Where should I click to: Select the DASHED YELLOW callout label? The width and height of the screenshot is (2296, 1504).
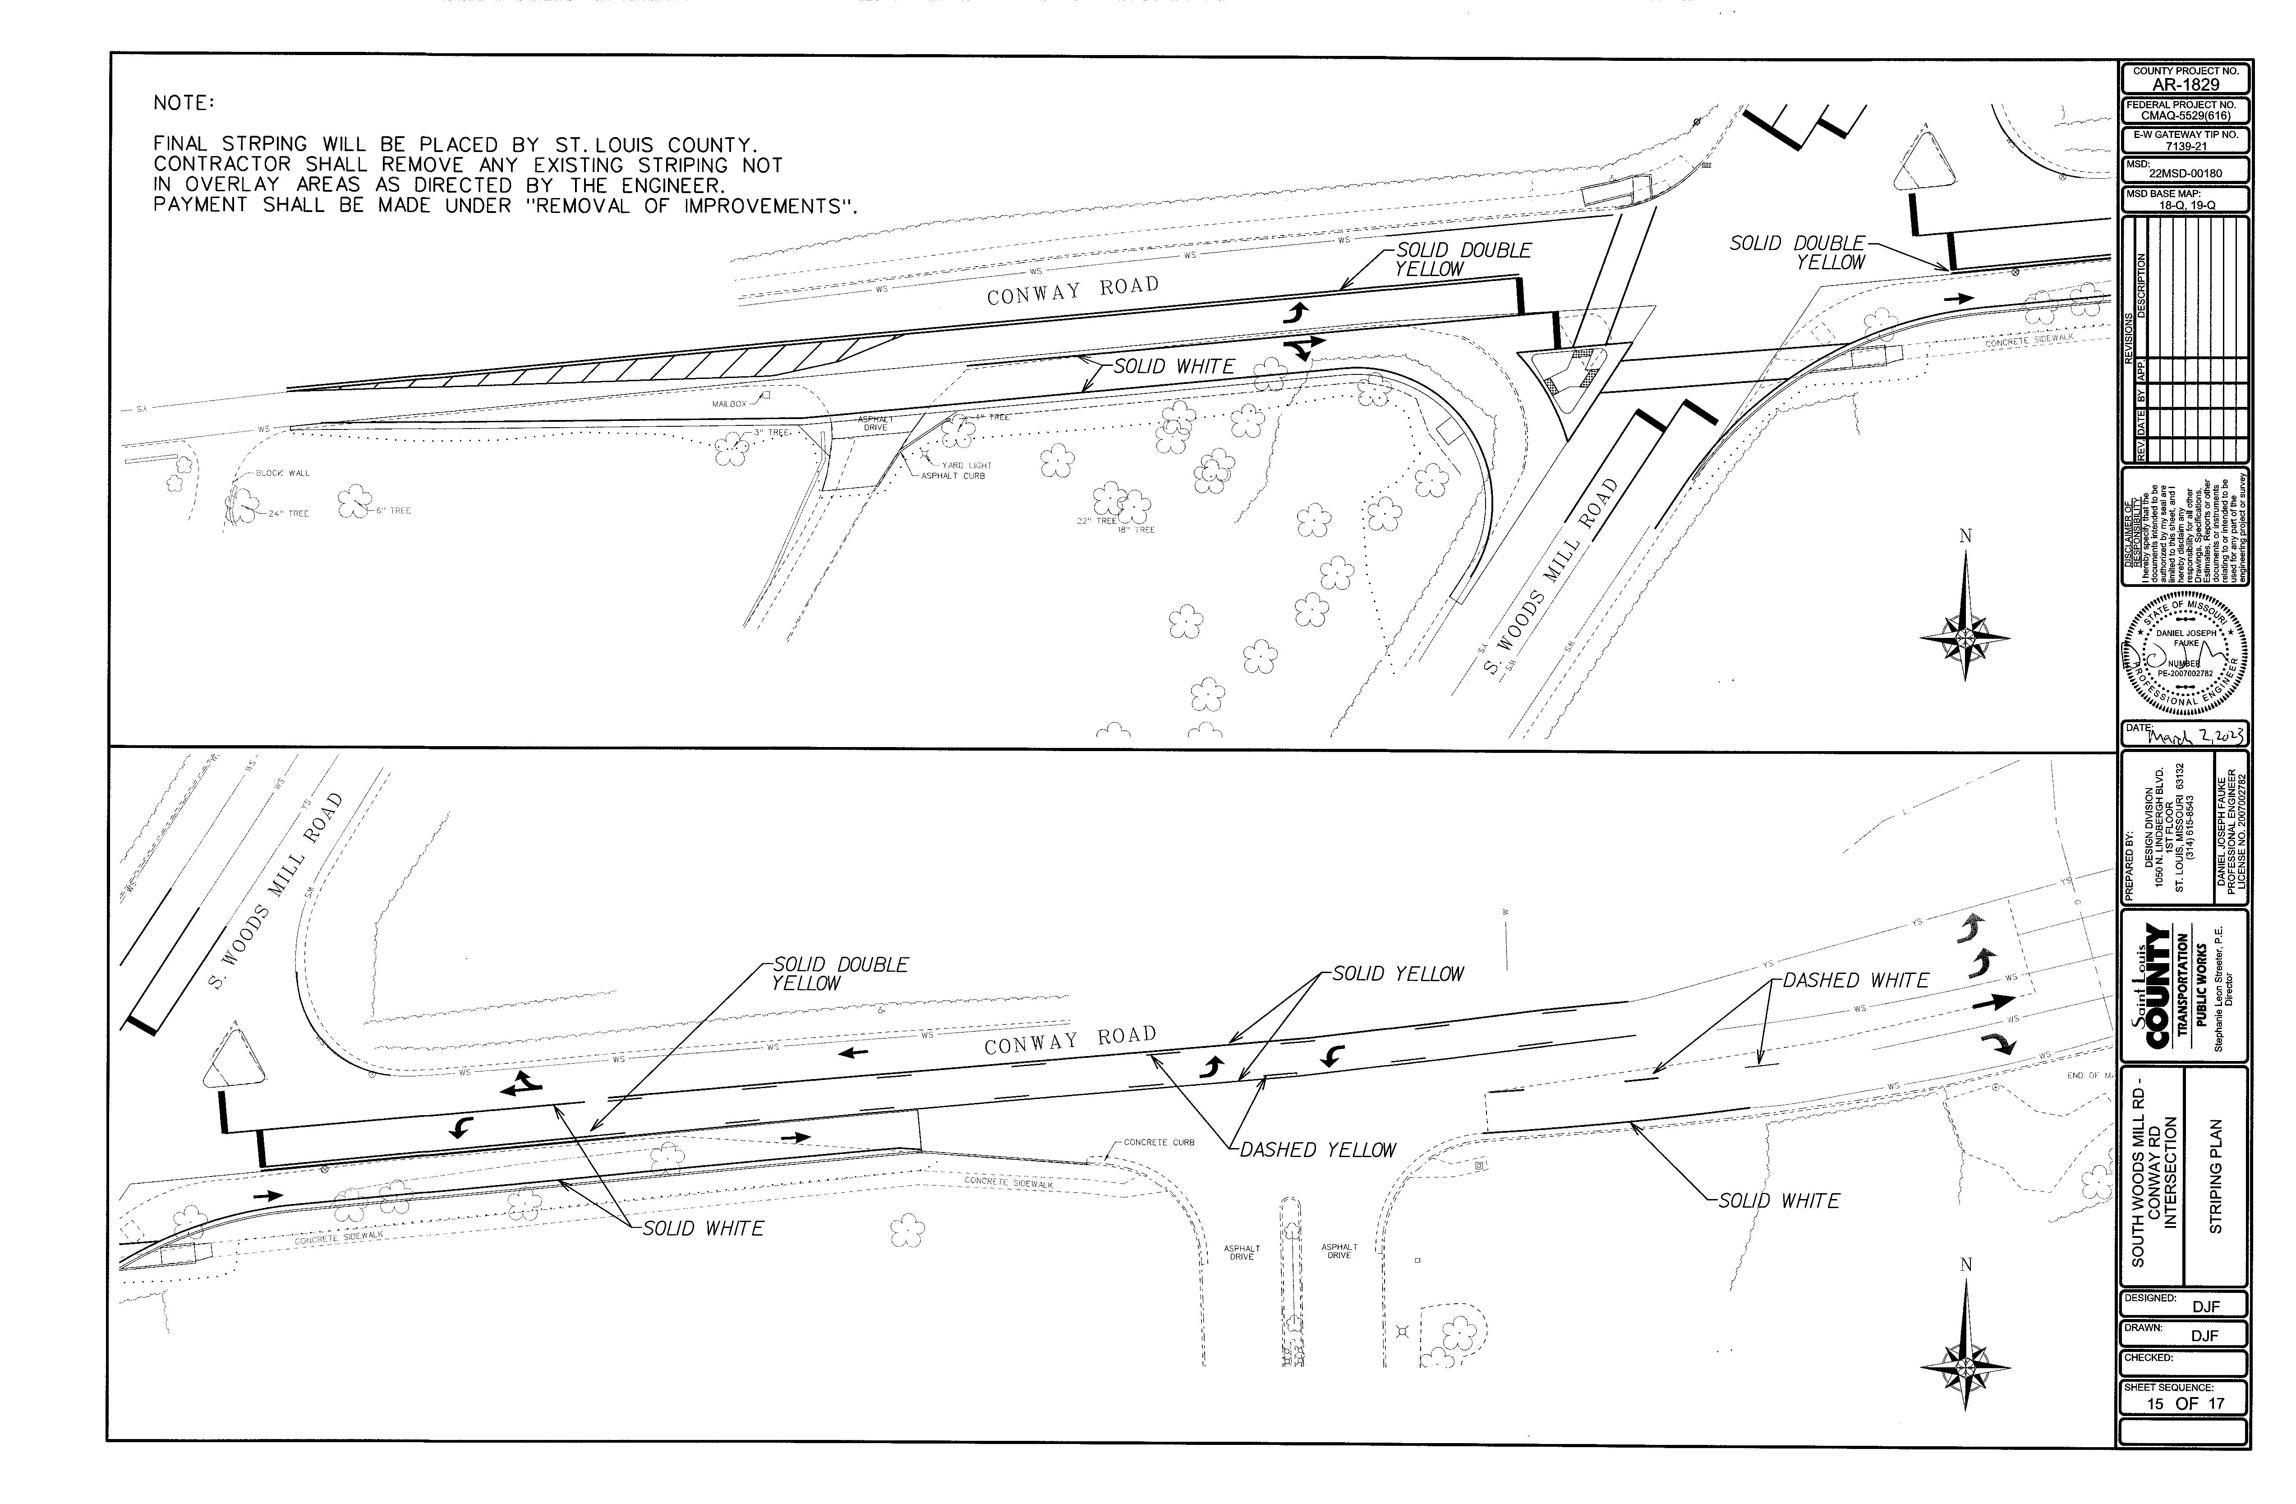[x=1318, y=1150]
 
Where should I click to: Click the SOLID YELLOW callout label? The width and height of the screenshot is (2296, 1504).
[x=1398, y=974]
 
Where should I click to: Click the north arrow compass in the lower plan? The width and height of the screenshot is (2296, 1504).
[x=1965, y=1365]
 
